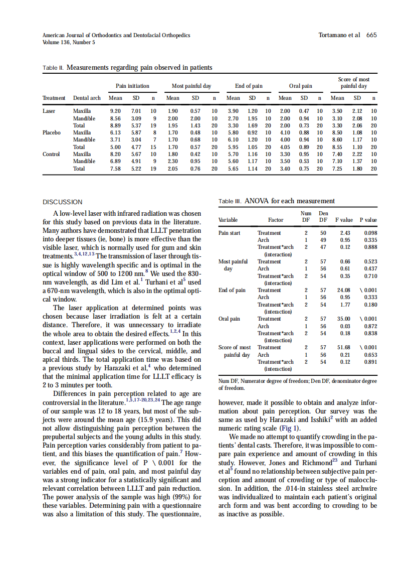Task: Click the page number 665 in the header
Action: point(371,35)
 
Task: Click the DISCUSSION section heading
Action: point(63,202)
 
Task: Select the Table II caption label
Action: point(53,68)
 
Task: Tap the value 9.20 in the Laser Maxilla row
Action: point(115,110)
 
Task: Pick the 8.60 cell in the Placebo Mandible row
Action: point(337,139)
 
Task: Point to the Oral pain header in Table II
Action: point(300,86)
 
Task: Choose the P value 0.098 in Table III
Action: point(370,233)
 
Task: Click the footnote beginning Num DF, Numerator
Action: point(298,384)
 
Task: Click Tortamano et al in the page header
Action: point(339,35)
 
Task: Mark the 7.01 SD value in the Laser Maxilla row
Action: point(136,110)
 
